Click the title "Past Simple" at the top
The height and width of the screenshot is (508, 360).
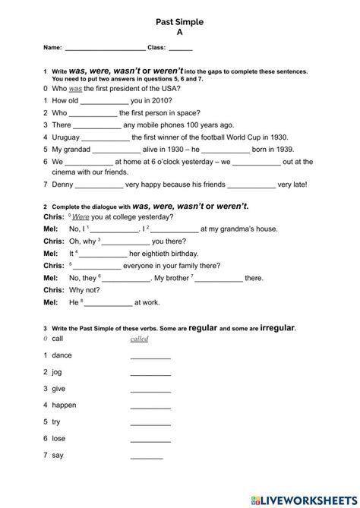point(180,23)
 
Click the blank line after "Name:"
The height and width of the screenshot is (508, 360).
point(105,49)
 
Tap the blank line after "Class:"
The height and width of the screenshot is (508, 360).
point(181,49)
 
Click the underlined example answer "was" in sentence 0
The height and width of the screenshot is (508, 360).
point(74,88)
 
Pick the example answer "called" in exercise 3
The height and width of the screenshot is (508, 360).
point(139,339)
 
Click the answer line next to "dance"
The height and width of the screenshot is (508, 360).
point(150,356)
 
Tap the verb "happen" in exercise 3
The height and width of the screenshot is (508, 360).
point(65,405)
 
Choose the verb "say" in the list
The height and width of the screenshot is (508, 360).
point(58,455)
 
